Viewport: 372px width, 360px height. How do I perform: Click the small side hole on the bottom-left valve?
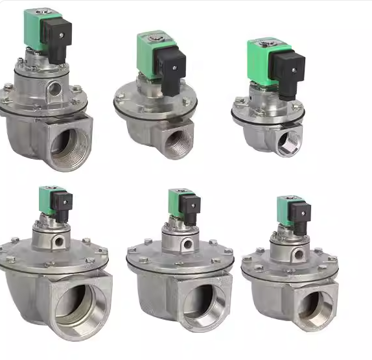(58, 241)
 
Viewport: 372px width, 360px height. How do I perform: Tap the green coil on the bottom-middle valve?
(175, 202)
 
